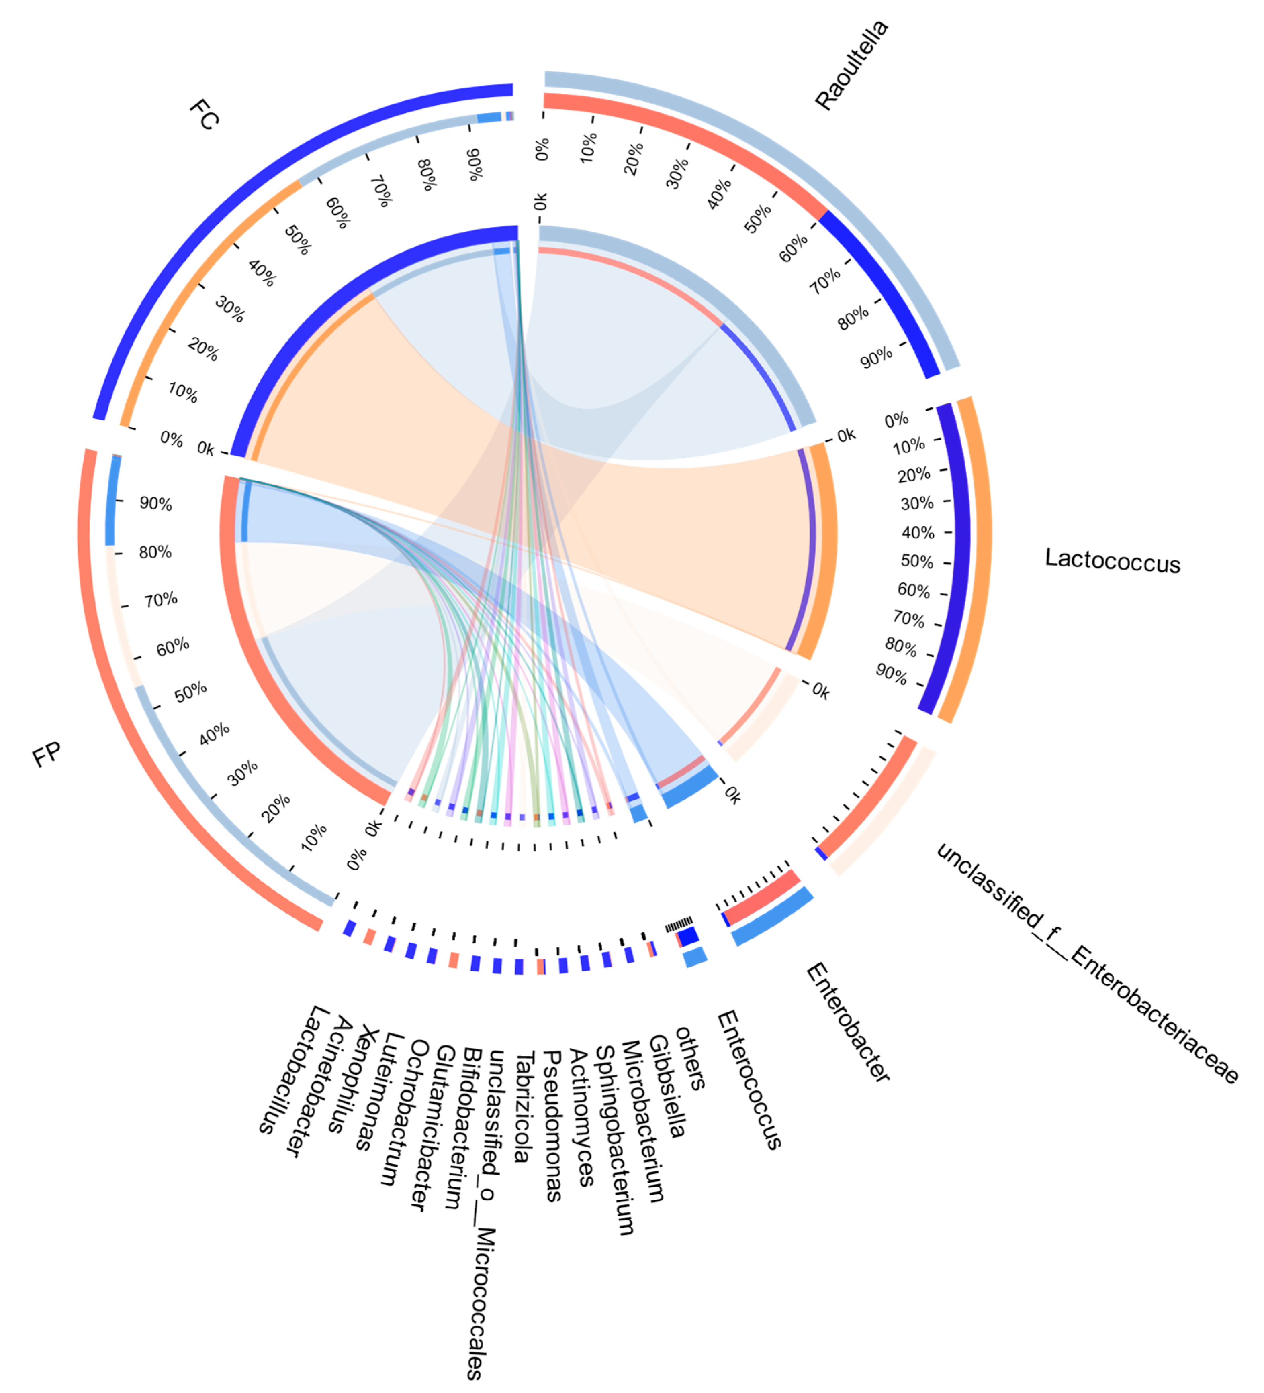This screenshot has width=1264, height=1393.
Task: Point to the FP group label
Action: coord(47,755)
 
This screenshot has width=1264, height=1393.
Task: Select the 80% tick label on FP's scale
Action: coord(155,552)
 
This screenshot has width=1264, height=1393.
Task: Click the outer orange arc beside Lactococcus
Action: coord(980,560)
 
